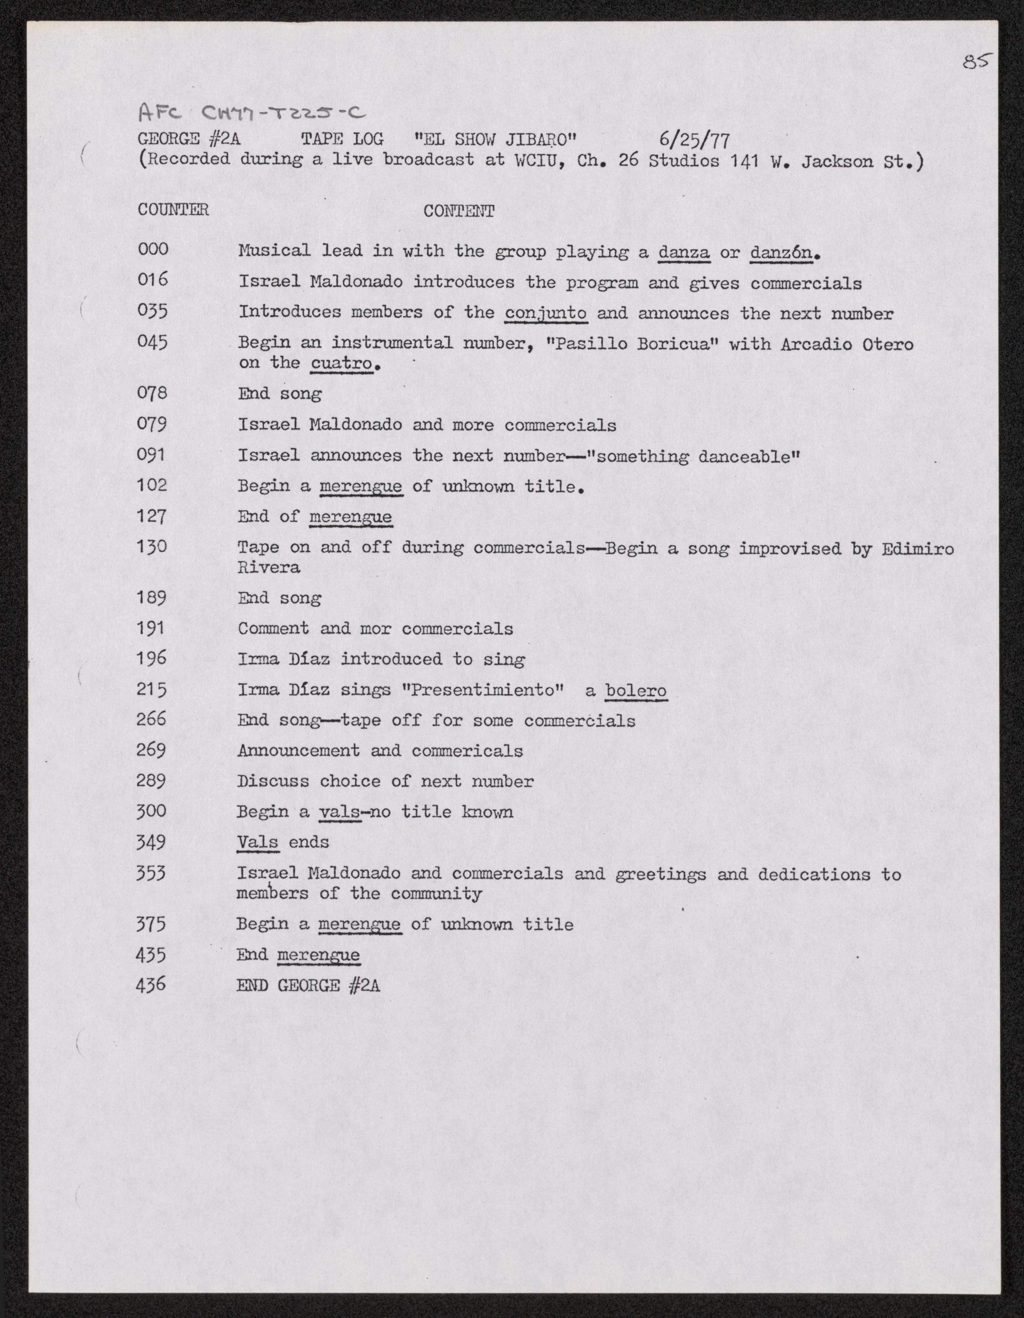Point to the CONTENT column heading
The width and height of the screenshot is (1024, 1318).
coord(458,211)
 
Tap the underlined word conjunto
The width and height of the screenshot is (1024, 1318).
coord(546,314)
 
